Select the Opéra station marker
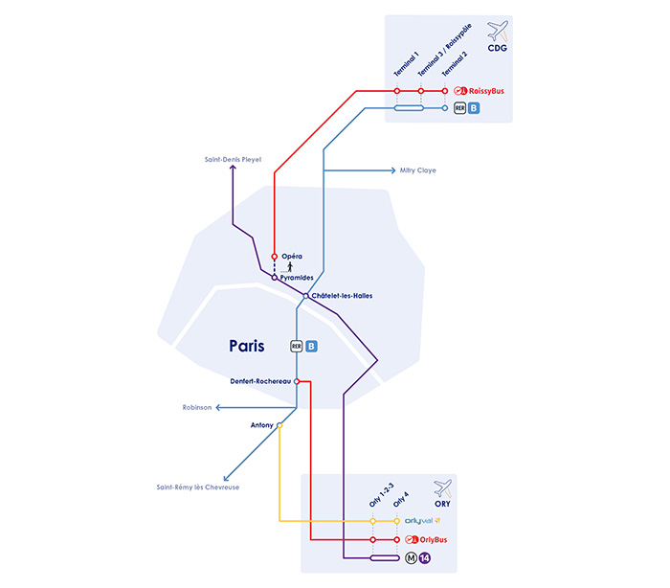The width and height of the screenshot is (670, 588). coord(275,257)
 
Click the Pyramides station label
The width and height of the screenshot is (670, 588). coord(299,277)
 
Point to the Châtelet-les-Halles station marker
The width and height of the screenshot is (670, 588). coord(306,296)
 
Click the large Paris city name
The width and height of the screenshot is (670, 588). coord(246,346)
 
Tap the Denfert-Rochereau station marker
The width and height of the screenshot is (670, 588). coord(297,381)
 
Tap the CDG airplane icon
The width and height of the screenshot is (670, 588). coord(497,30)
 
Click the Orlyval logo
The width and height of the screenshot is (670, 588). coord(421,521)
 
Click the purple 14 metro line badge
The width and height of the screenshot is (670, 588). coord(425,558)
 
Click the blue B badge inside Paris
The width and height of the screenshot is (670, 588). coord(311,346)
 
